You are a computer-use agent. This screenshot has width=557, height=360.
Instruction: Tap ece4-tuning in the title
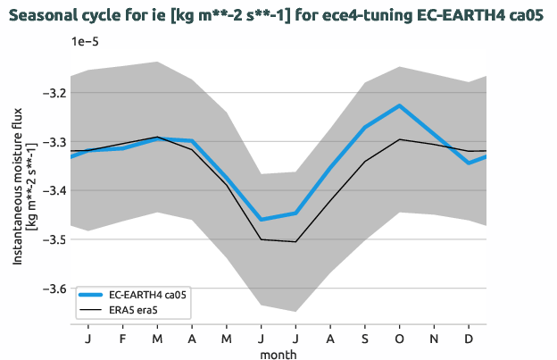click(x=322, y=14)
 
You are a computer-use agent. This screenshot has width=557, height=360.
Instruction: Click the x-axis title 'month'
click(x=278, y=354)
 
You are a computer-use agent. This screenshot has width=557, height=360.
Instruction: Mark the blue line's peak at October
click(x=400, y=105)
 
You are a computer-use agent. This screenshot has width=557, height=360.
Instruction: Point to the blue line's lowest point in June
click(x=262, y=220)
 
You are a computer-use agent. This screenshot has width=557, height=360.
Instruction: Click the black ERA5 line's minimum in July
click(x=295, y=241)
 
